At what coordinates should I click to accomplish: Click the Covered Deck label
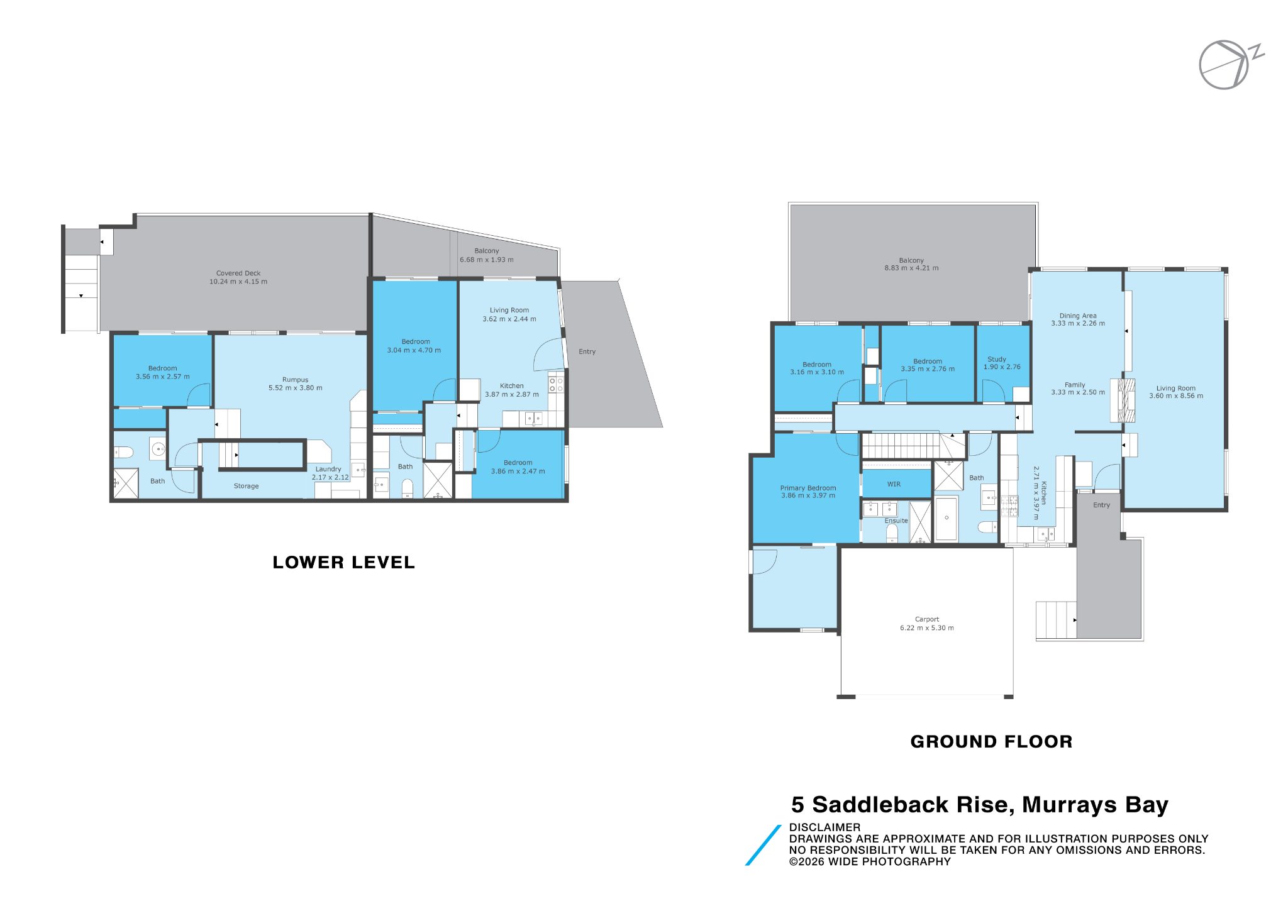pos(238,274)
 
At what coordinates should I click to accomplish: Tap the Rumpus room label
pos(295,380)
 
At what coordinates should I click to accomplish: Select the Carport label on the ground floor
pos(927,619)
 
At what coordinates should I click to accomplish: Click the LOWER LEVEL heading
pos(343,562)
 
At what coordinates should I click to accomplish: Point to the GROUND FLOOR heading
pos(991,742)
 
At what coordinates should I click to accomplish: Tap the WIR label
pos(894,484)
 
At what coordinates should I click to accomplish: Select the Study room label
pos(997,359)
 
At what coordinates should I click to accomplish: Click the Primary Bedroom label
pos(808,488)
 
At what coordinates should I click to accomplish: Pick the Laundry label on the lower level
pos(328,469)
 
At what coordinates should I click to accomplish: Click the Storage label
pos(246,486)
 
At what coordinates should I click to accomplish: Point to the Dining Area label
pos(1078,316)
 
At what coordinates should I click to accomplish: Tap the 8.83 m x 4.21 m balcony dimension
pos(911,268)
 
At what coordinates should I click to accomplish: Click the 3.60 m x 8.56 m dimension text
pos(1176,396)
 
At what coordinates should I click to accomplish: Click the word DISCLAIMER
pos(824,827)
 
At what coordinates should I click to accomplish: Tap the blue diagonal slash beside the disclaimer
pos(763,845)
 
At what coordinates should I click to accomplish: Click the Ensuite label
pos(896,521)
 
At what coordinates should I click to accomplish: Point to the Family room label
pos(1075,385)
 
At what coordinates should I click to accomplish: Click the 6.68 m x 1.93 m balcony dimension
pos(486,260)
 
